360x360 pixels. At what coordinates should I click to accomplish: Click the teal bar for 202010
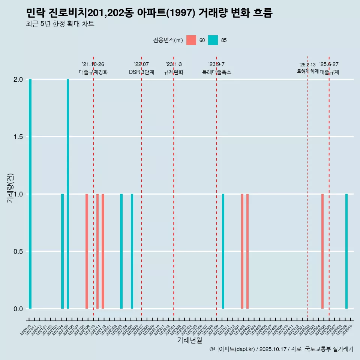[30, 194]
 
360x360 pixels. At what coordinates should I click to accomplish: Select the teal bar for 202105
[68, 194]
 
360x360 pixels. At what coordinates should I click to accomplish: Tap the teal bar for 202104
[62, 251]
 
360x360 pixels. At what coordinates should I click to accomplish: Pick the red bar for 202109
[87, 251]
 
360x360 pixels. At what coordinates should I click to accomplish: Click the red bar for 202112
[103, 251]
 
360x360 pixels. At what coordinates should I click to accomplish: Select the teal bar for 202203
[121, 251]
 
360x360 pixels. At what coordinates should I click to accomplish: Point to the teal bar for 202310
[223, 251]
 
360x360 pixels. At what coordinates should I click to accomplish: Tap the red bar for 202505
[322, 251]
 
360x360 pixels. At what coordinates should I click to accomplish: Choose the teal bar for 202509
[346, 251]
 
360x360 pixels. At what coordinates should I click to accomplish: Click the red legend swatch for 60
[191, 40]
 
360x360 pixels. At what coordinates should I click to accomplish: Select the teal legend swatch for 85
[213, 40]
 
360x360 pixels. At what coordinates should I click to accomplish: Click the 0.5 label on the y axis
[18, 252]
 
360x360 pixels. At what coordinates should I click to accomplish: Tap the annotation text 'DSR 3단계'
[141, 72]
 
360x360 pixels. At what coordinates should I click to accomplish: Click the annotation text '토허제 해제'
[307, 71]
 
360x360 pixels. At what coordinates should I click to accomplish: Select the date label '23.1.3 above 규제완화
[174, 64]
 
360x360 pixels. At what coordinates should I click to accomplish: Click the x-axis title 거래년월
[189, 340]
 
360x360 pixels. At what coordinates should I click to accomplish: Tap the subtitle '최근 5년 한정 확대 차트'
[60, 24]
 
